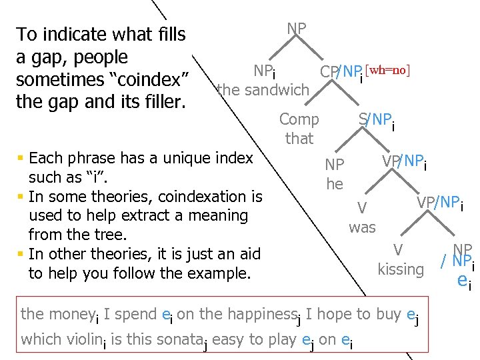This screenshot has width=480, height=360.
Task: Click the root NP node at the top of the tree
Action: click(x=297, y=29)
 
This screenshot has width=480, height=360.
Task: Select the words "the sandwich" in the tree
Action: click(x=263, y=89)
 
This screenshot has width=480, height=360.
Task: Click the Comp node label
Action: click(x=299, y=120)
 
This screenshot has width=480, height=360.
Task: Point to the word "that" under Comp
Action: click(x=299, y=139)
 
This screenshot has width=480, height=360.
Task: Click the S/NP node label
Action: click(x=376, y=121)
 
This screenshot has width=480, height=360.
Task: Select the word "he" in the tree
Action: click(x=335, y=183)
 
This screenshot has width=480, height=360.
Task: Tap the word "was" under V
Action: click(x=362, y=227)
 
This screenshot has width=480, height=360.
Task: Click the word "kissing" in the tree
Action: click(x=401, y=269)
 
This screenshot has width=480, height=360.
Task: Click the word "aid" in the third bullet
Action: click(x=247, y=254)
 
